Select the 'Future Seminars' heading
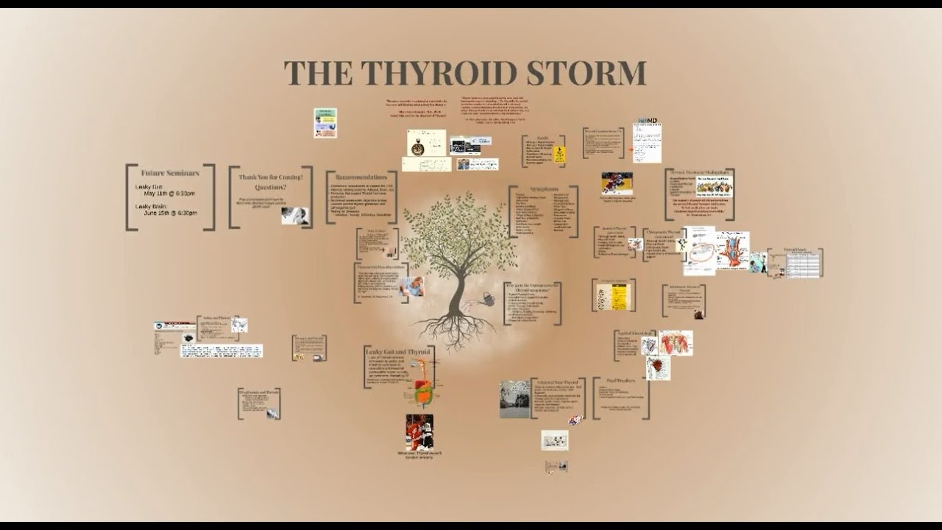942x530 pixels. tap(170, 173)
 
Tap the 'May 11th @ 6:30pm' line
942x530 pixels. tap(170, 194)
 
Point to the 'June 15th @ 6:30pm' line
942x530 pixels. tap(171, 213)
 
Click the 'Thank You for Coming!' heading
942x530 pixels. tap(271, 177)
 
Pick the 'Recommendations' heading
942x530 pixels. tap(361, 177)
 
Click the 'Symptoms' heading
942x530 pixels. tap(543, 189)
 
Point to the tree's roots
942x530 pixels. tap(456, 331)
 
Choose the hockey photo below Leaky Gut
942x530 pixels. tap(419, 432)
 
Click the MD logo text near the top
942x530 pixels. tap(648, 120)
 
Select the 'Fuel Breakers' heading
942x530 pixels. tap(620, 381)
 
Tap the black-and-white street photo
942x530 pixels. tap(514, 399)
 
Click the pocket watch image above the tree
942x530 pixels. tap(418, 145)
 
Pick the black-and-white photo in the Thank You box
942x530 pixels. tap(294, 216)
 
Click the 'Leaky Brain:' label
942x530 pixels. tap(152, 206)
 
